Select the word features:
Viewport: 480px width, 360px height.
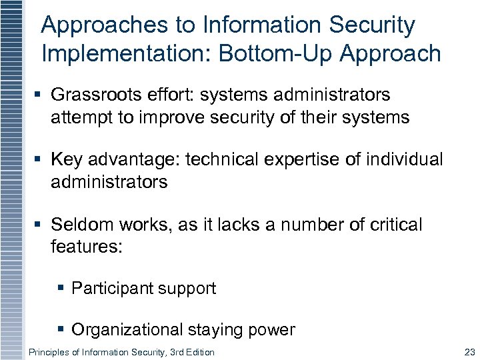click(x=87, y=247)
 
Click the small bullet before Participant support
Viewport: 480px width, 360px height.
click(x=61, y=289)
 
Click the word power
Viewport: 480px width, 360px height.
click(x=272, y=330)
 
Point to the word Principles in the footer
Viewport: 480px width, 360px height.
click(x=48, y=352)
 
